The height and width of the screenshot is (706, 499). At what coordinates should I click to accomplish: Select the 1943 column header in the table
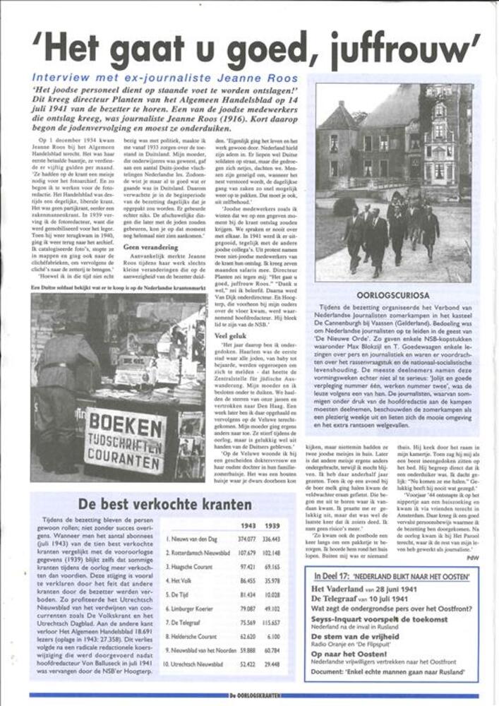248,527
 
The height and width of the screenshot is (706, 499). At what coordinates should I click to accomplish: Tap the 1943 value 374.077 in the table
246,539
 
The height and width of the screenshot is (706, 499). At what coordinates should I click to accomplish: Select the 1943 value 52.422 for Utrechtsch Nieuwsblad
246,664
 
